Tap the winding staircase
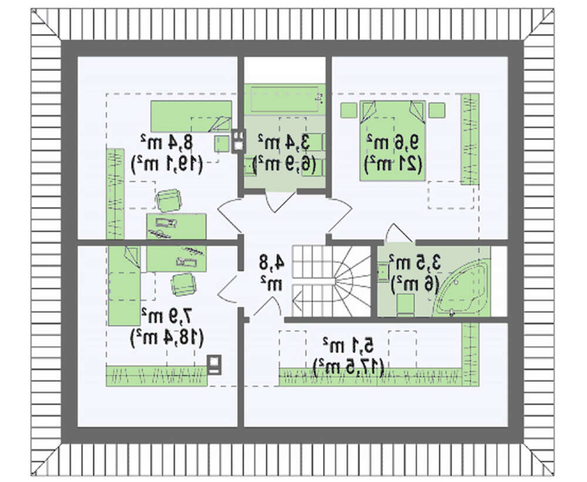pyautogui.click(x=332, y=279)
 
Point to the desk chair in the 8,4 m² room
pyautogui.click(x=169, y=200)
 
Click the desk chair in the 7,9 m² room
pyautogui.click(x=183, y=284)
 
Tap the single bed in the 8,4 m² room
pyautogui.click(x=191, y=116)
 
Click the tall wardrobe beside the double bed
pyautogui.click(x=469, y=138)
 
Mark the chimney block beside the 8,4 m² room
pyautogui.click(x=238, y=141)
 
